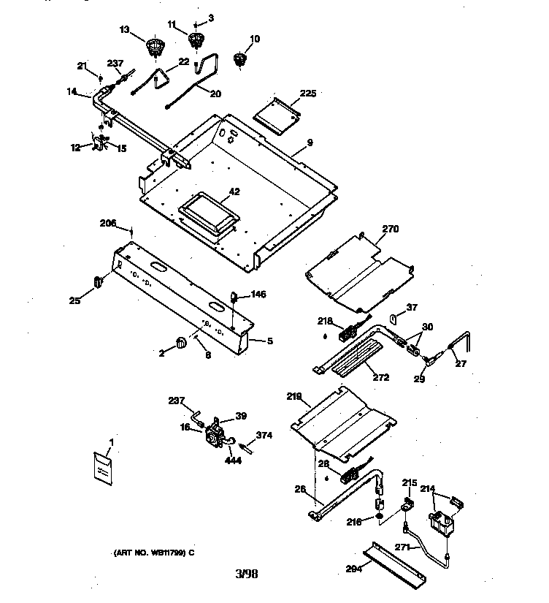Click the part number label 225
[308, 93]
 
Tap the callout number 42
[234, 192]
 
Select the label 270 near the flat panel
[391, 229]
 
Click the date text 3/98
[247, 573]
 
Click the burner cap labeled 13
[154, 48]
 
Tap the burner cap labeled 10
[239, 59]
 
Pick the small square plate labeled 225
[277, 114]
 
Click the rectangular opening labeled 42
[207, 213]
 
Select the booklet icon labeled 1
[104, 469]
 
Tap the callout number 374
[264, 436]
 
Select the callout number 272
[380, 378]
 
